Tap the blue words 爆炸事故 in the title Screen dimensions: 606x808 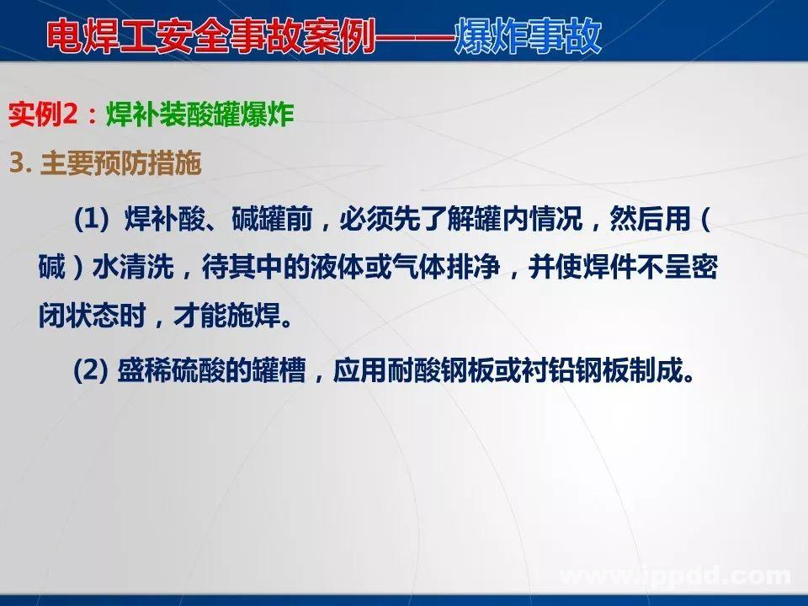tap(528, 36)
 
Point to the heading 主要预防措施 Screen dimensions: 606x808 tap(121, 163)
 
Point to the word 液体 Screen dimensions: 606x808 tap(380, 269)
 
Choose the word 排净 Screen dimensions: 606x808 tap(509, 269)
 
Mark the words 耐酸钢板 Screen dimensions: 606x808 tap(449, 371)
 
